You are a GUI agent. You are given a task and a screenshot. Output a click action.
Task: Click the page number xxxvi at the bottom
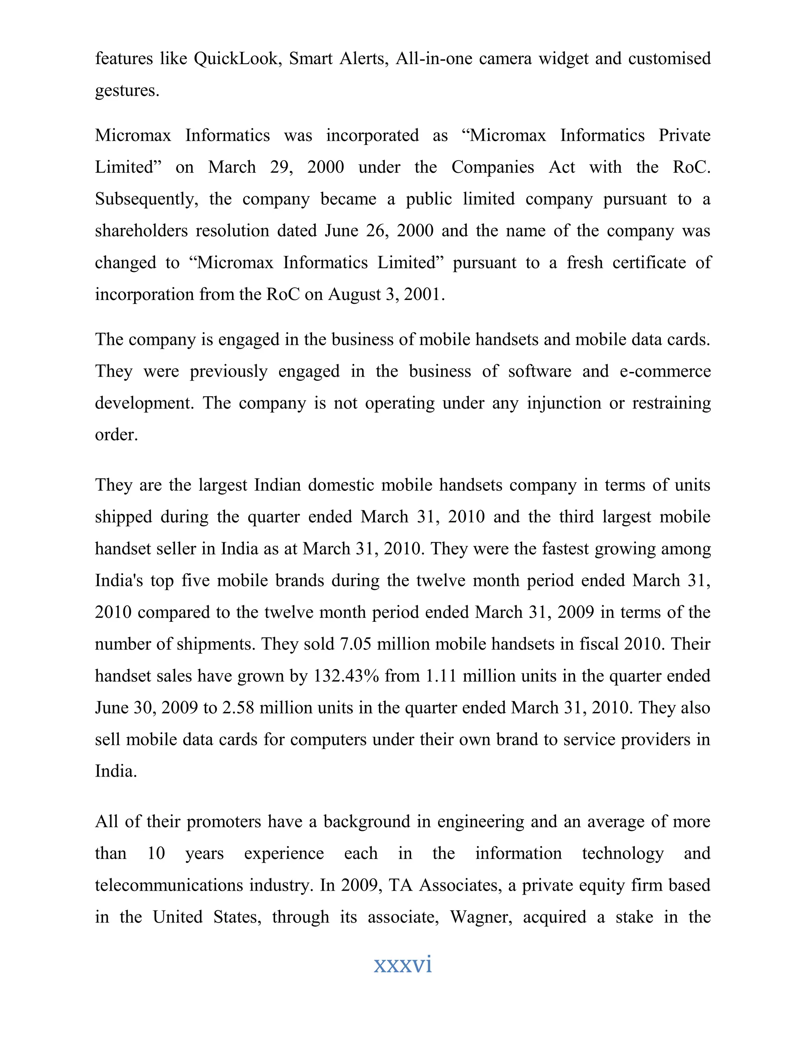(x=403, y=964)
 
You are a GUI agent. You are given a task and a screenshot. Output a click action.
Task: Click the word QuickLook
(x=236, y=58)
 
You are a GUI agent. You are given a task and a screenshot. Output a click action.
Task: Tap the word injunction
(x=564, y=403)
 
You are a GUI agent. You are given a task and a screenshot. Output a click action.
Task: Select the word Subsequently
(x=146, y=199)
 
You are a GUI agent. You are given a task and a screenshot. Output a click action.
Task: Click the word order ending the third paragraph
(x=116, y=435)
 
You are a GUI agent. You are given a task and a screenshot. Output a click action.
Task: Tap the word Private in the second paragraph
(x=684, y=135)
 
